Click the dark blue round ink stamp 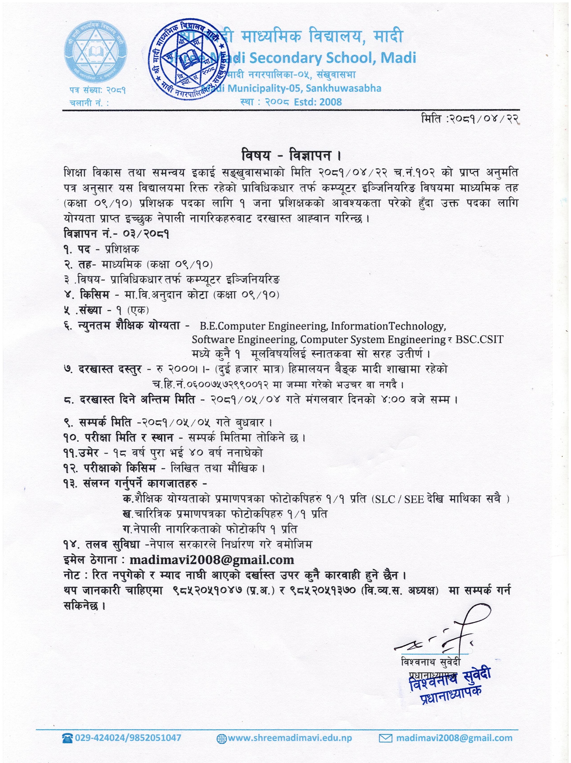point(186,59)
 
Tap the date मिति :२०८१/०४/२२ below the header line point(470,119)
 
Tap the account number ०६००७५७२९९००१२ point(213,384)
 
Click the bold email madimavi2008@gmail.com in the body point(212,559)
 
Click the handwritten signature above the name point(449,634)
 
